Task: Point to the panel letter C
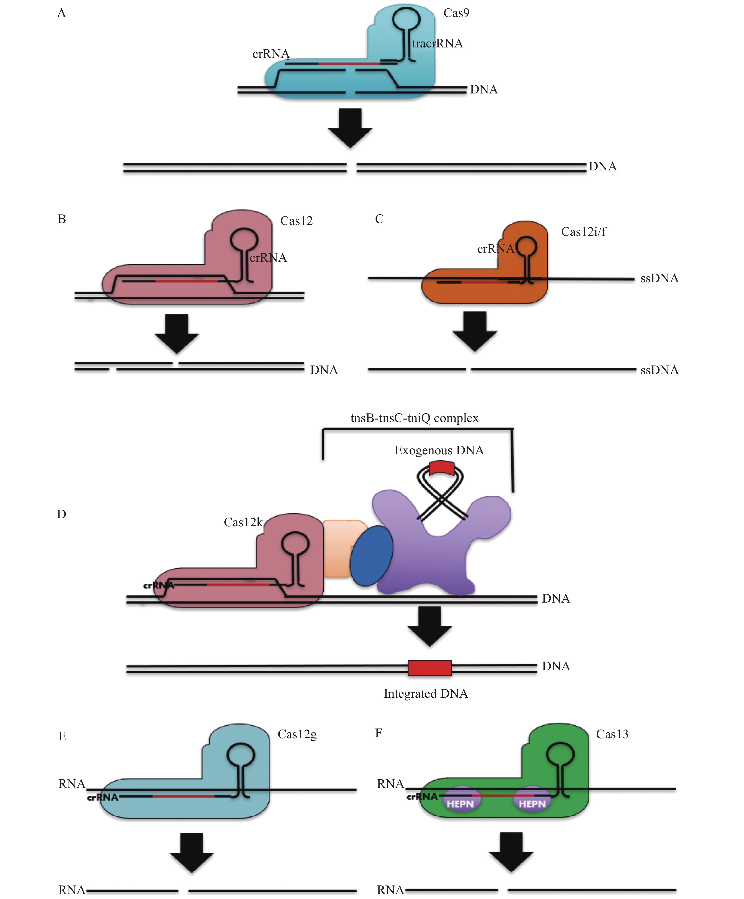click(379, 219)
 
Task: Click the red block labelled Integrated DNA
click(429, 668)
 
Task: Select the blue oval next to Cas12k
click(371, 556)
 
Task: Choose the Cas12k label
click(243, 522)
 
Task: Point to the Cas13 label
click(612, 734)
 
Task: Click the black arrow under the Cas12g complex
click(192, 852)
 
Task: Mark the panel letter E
click(62, 736)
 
